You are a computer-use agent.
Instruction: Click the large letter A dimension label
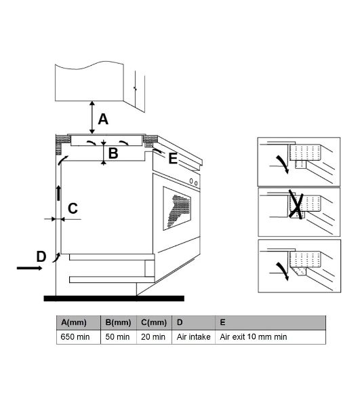point(103,119)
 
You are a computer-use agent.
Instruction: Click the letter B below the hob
point(113,153)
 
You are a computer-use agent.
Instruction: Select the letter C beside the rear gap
point(73,208)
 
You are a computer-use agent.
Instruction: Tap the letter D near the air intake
point(41,256)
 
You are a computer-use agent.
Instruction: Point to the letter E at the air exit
point(173,158)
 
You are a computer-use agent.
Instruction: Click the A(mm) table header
point(74,322)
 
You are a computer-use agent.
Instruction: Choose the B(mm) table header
point(118,322)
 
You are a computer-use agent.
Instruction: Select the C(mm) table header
point(154,322)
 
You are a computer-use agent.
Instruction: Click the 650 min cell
point(75,337)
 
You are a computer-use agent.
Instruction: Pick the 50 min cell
point(117,337)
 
